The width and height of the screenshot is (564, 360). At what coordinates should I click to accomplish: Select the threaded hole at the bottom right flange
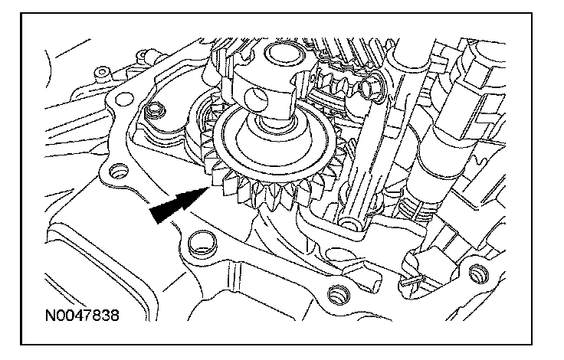click(x=479, y=273)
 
